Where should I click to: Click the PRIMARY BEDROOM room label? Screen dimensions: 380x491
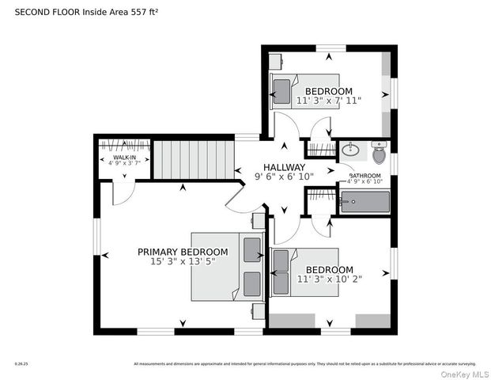click(x=183, y=252)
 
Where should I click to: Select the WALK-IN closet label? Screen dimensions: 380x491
click(x=123, y=158)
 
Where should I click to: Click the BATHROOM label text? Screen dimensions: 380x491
click(x=365, y=176)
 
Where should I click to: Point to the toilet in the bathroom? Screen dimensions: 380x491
click(x=379, y=149)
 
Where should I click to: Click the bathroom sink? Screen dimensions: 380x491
click(x=353, y=149)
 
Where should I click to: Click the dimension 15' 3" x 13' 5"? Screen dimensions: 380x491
click(x=183, y=261)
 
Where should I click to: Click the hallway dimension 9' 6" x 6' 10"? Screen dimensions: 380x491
click(x=284, y=177)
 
